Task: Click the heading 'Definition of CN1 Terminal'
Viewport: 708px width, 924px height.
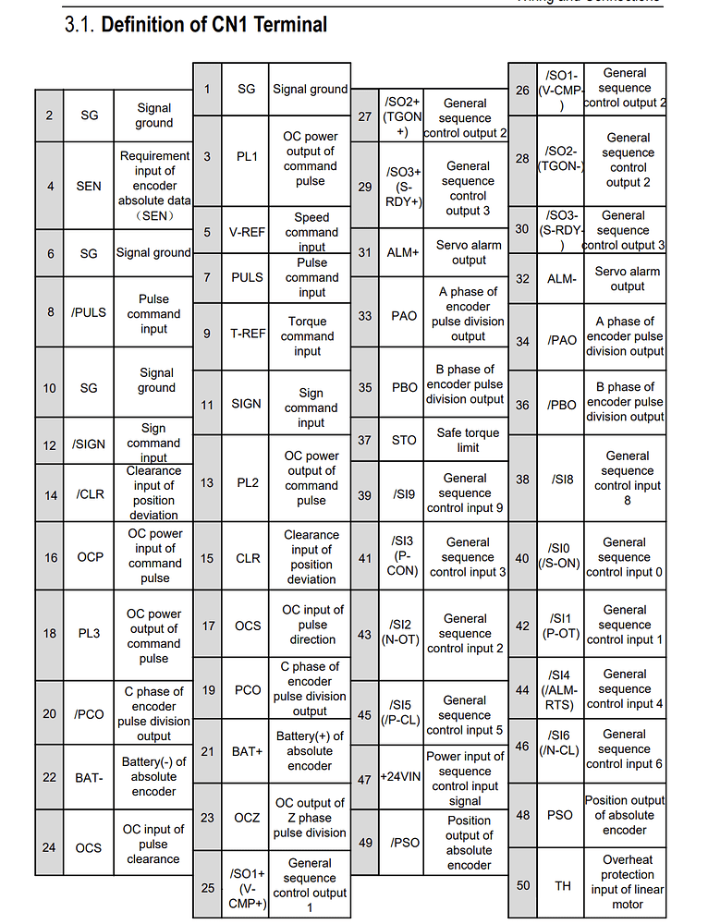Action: point(214,24)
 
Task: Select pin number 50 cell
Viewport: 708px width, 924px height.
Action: point(523,885)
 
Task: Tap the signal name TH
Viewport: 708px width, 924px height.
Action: point(562,885)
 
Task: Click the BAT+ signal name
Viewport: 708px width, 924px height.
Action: point(248,751)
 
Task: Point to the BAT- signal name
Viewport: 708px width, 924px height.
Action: point(89,777)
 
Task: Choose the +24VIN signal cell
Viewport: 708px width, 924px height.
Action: point(403,778)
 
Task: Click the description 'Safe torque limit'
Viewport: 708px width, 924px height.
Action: point(468,440)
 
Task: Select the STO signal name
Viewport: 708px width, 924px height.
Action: point(404,440)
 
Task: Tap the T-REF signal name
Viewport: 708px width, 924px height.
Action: point(248,333)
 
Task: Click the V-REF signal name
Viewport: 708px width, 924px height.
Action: point(248,232)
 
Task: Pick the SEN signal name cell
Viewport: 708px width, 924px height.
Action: point(89,186)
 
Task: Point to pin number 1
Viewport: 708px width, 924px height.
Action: point(207,89)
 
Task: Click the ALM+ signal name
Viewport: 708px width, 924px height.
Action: point(403,252)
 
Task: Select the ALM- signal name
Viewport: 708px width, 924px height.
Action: point(561,278)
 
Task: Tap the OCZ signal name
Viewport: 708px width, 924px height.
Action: point(248,818)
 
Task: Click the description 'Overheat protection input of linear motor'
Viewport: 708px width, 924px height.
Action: point(627,881)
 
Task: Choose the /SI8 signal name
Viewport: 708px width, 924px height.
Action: point(562,479)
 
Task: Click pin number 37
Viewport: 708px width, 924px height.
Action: point(364,440)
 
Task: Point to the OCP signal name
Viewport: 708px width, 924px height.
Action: point(90,557)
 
